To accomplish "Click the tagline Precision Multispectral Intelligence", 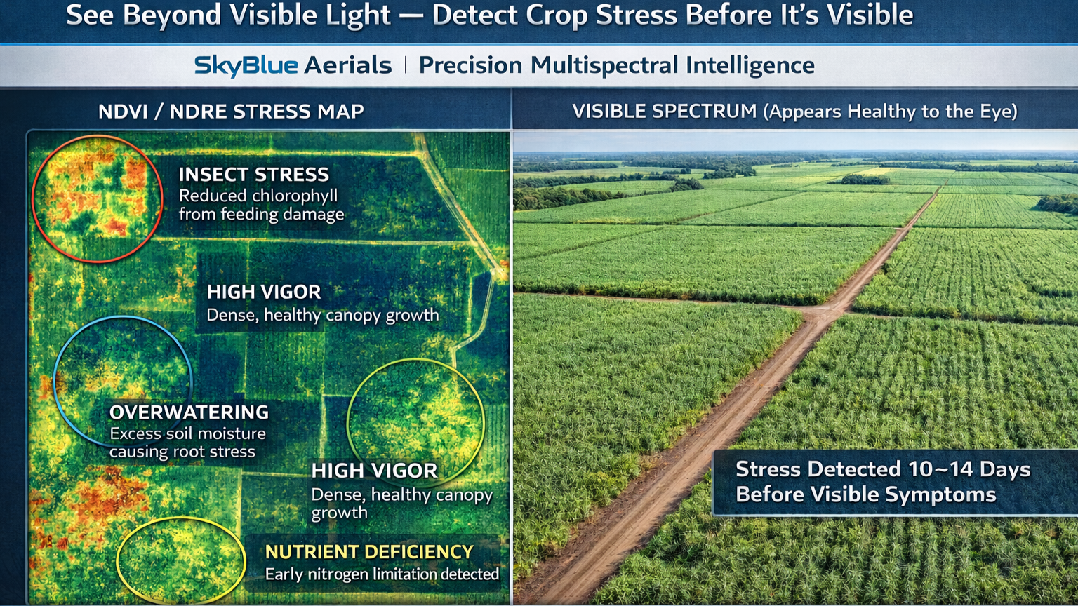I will pos(616,65).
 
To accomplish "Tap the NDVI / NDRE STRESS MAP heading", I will pos(231,112).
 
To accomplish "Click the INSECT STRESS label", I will pos(253,175).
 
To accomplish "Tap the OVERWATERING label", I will pos(189,412).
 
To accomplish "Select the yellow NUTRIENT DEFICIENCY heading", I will pos(369,552).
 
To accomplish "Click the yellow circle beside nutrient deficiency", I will pos(180,561).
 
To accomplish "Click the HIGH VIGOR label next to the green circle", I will pos(374,471).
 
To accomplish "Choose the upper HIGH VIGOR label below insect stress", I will pos(263,292).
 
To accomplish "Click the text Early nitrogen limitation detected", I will pos(382,574).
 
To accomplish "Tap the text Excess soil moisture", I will pos(187,433).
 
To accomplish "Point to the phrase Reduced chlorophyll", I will pos(258,196).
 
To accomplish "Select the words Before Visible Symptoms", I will pos(865,494).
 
